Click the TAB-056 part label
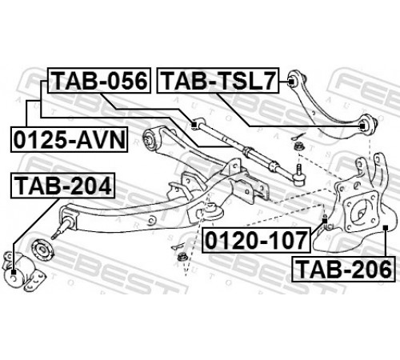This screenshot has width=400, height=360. click(99, 81)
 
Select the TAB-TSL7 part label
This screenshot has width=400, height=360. click(218, 81)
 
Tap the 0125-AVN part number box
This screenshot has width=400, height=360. click(69, 140)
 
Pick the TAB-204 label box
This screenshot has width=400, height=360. click(62, 186)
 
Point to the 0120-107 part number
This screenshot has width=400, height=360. click(257, 240)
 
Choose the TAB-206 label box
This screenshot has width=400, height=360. click(343, 269)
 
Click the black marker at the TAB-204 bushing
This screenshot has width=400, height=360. click(14, 273)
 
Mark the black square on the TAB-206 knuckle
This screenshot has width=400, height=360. click(385, 227)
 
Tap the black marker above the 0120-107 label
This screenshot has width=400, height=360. click(325, 221)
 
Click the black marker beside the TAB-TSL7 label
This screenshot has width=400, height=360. click(291, 81)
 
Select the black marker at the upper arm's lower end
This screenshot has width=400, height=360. click(362, 126)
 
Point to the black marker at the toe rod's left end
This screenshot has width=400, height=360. click(194, 124)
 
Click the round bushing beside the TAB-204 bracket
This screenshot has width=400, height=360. click(42, 249)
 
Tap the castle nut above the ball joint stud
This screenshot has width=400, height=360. click(298, 147)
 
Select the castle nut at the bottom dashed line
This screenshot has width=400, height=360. click(182, 258)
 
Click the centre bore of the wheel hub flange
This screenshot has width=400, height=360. click(360, 214)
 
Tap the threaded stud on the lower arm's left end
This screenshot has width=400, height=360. click(62, 229)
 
